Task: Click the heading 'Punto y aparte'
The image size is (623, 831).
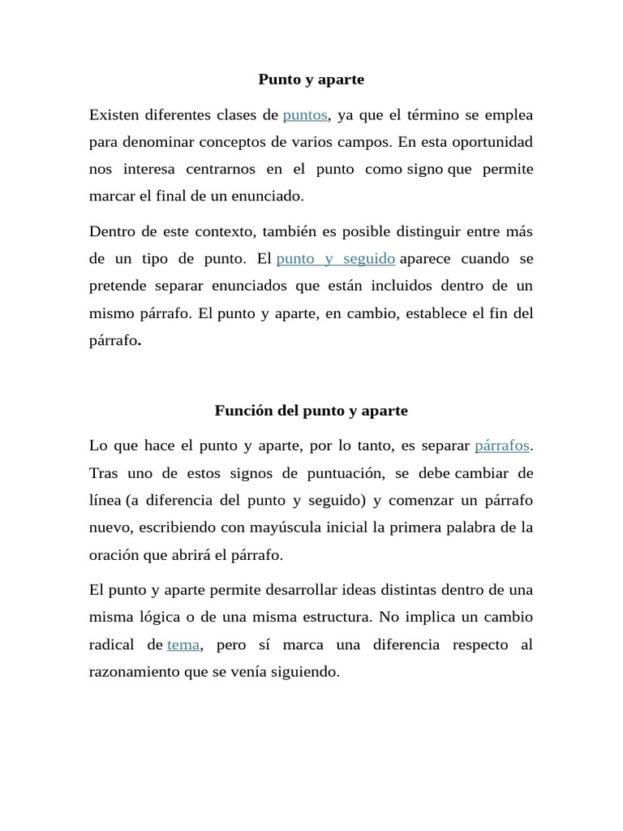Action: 311,80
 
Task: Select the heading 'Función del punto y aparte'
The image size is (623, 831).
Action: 311,411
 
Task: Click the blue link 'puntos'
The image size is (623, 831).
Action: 305,115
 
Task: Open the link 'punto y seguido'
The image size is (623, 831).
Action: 336,259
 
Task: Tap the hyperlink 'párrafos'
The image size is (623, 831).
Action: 502,446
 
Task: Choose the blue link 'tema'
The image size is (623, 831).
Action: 183,644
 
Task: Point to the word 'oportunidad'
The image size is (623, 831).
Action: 493,142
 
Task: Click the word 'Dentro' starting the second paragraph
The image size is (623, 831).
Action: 112,232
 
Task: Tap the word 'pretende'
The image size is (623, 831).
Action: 118,286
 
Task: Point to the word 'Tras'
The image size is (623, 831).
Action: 104,473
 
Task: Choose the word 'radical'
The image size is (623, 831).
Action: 114,644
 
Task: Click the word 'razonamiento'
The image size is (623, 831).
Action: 135,672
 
